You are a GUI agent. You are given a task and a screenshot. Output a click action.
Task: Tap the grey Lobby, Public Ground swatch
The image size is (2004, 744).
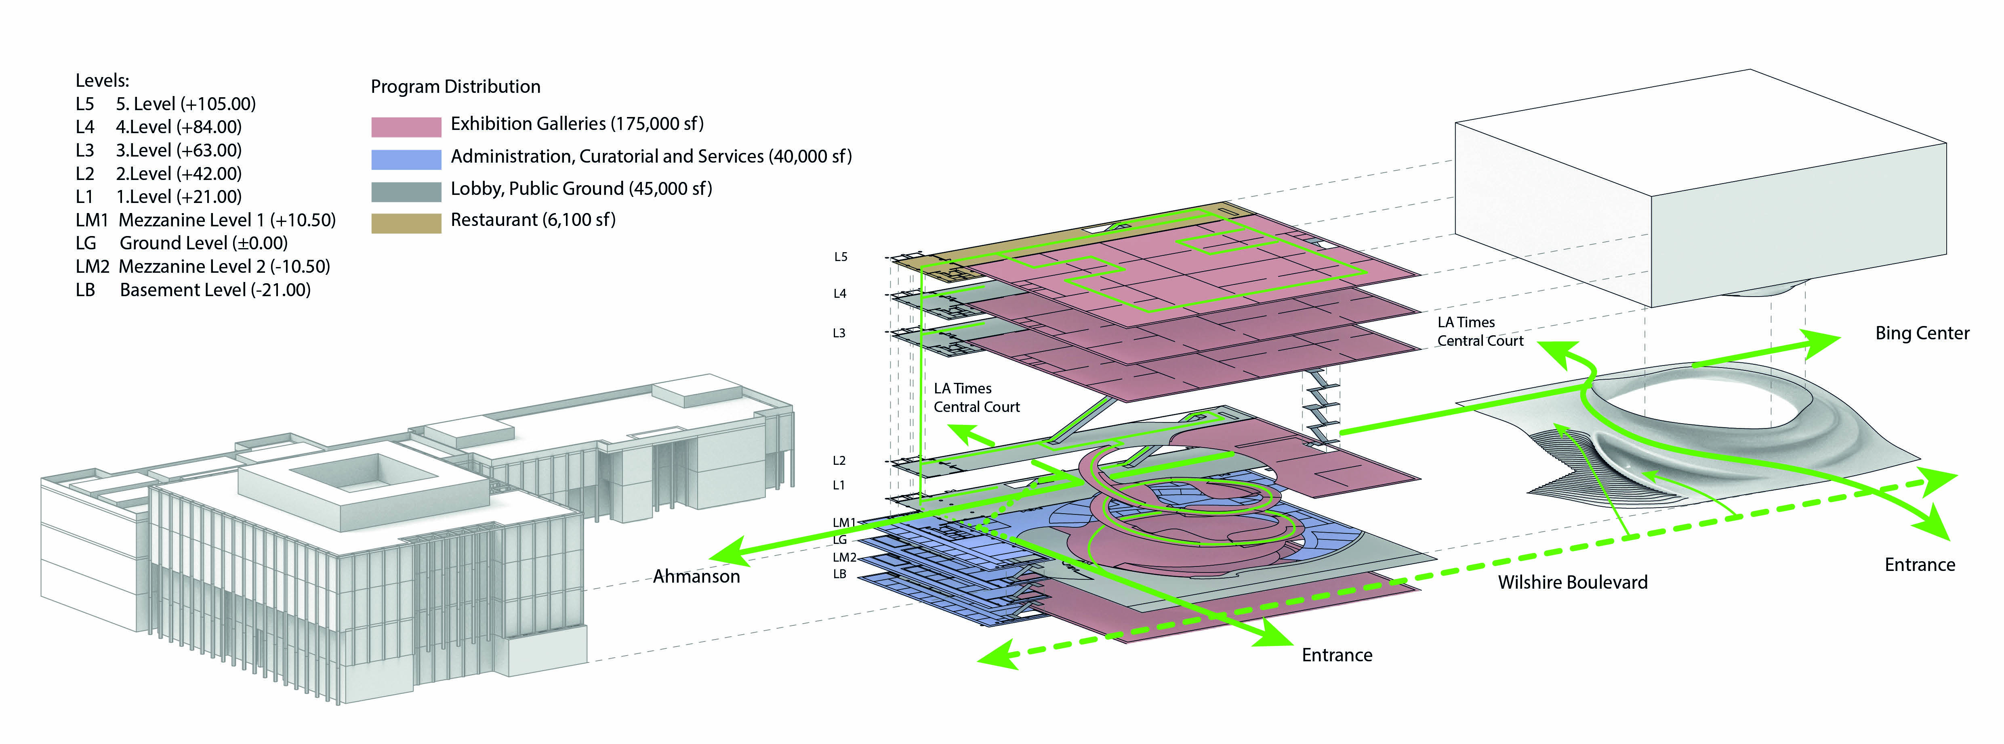(x=406, y=191)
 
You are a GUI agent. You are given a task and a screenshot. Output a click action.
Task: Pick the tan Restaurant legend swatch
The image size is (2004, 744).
(x=406, y=223)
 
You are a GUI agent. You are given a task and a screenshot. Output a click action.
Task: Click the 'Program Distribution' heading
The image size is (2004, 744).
(x=455, y=86)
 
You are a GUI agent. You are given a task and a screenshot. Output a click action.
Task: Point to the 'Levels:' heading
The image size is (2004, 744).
(x=102, y=80)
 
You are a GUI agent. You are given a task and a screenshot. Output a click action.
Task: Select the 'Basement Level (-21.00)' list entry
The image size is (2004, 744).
(x=215, y=290)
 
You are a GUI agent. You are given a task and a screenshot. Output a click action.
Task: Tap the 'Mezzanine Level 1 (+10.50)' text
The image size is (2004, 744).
(x=226, y=220)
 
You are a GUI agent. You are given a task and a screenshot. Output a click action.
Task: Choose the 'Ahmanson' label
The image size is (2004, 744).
(x=696, y=576)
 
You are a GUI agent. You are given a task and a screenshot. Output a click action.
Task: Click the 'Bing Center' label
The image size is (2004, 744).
(x=1922, y=334)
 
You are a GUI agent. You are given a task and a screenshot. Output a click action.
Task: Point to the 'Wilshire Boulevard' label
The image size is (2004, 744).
(x=1572, y=582)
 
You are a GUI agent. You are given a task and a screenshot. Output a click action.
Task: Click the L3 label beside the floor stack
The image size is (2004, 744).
(x=839, y=333)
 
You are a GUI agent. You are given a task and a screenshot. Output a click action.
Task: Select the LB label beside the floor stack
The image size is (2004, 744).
(x=839, y=574)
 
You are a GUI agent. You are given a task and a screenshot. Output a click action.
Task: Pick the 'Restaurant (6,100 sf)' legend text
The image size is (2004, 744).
(x=533, y=220)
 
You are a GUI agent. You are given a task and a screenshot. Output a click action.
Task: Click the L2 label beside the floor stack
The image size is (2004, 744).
(x=839, y=460)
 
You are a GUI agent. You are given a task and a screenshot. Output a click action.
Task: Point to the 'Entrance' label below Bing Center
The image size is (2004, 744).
(x=1919, y=564)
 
